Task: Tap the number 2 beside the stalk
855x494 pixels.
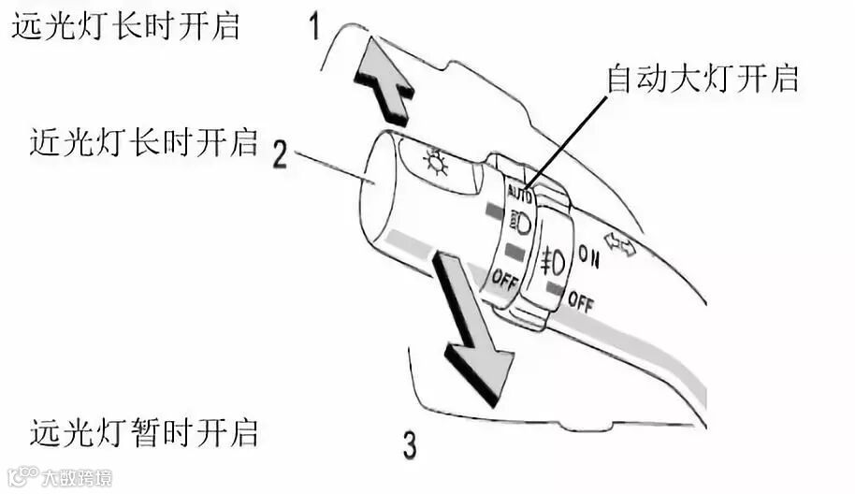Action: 281,153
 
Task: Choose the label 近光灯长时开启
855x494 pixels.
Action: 143,142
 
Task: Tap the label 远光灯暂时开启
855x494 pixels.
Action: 143,433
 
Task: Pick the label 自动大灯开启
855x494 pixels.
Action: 703,79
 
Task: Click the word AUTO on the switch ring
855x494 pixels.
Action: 519,196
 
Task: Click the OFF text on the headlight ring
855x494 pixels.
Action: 504,279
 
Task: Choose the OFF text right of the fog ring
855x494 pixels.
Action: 580,301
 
